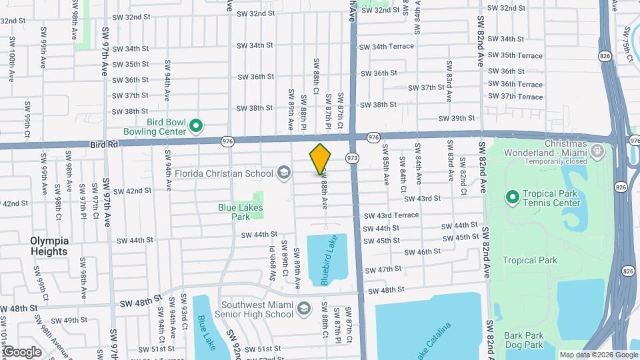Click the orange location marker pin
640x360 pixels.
point(321,159)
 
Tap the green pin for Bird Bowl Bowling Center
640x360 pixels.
point(196,125)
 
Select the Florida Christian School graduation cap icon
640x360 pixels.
point(284,173)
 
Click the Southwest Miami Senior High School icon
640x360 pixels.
point(304,308)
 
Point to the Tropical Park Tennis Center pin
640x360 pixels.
point(512,197)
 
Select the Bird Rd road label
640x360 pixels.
point(104,143)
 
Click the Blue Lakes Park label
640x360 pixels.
point(241,212)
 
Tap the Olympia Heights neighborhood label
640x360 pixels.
point(49,246)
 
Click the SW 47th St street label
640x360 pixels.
point(385,269)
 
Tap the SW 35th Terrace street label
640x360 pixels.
point(515,55)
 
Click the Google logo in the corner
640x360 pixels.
point(22,351)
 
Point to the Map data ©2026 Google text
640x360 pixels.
point(599,355)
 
